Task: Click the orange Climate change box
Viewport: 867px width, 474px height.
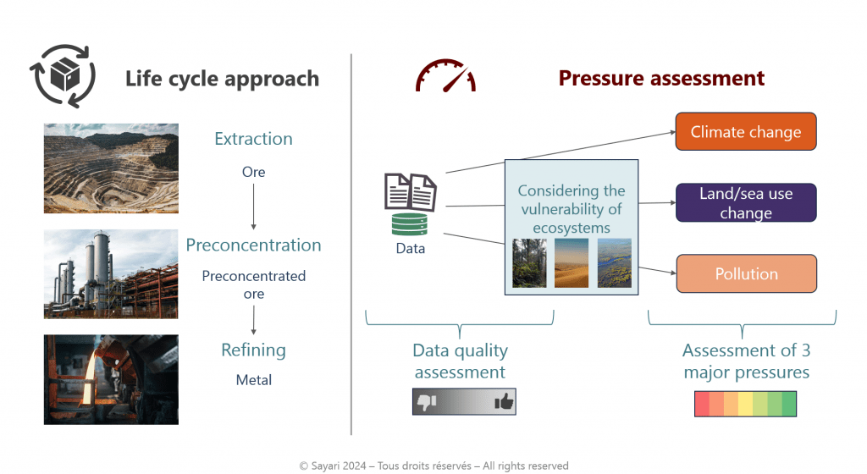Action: tap(745, 132)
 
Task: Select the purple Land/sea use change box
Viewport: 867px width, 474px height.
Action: tap(745, 202)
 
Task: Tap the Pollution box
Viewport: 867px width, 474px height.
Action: tap(745, 273)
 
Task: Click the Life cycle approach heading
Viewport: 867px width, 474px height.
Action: tap(222, 79)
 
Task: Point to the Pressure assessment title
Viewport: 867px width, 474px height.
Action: tap(661, 79)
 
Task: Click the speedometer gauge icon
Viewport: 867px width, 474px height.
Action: tap(445, 76)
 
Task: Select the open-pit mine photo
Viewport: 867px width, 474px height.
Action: tap(111, 168)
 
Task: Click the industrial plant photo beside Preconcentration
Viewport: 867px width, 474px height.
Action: tap(111, 273)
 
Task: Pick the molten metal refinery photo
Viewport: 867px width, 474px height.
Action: tap(111, 378)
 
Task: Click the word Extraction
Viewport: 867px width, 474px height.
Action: tap(253, 139)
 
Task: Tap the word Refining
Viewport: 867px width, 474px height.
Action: tap(253, 350)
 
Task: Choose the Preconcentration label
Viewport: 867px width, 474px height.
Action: tap(253, 245)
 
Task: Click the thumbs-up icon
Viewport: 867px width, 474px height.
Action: tap(504, 402)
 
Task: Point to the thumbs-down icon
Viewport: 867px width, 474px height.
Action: tap(426, 402)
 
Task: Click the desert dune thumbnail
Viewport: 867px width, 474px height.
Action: tap(572, 263)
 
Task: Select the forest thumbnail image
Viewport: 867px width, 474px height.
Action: tap(529, 263)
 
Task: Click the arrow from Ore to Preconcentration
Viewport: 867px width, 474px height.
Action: tap(253, 208)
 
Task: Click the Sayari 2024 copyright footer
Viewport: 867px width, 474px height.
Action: tap(433, 466)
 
